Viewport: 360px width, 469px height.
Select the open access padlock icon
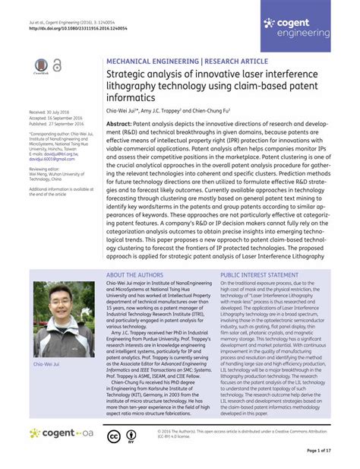pyautogui.click(x=57, y=67)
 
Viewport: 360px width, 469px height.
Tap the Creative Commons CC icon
pyautogui.click(x=113, y=436)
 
